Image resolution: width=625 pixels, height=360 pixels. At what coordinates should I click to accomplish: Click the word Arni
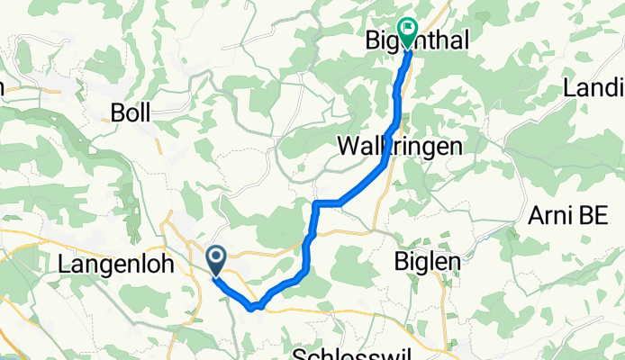tap(551, 217)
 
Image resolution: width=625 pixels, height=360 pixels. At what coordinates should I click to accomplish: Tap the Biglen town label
tap(428, 261)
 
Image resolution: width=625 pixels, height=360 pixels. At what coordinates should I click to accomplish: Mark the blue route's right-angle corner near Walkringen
tap(316, 204)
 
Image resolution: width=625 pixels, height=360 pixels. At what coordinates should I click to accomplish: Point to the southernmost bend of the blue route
tap(251, 307)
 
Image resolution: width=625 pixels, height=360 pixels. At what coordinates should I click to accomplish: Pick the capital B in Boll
tap(116, 112)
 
